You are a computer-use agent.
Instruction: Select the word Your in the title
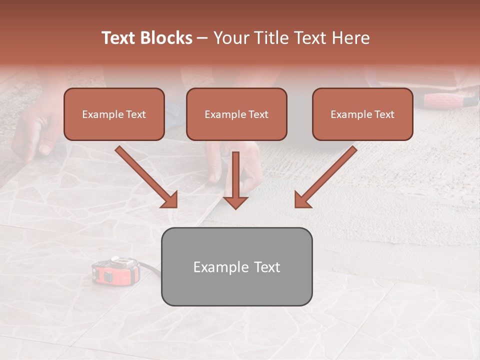pyautogui.click(x=230, y=38)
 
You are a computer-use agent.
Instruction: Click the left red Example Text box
pyautogui.click(x=114, y=114)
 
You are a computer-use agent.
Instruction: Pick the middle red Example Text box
pyautogui.click(x=236, y=114)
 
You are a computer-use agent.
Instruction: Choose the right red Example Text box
pyautogui.click(x=362, y=114)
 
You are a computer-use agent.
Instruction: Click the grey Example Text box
pyautogui.click(x=236, y=266)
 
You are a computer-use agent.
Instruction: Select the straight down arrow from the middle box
pyautogui.click(x=236, y=180)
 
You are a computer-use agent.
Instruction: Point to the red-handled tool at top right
pyautogui.click(x=445, y=100)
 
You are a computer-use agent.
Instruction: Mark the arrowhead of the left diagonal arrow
pyautogui.click(x=170, y=199)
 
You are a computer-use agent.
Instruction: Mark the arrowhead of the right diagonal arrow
pyautogui.click(x=302, y=199)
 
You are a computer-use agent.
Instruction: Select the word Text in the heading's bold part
pyautogui.click(x=119, y=38)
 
